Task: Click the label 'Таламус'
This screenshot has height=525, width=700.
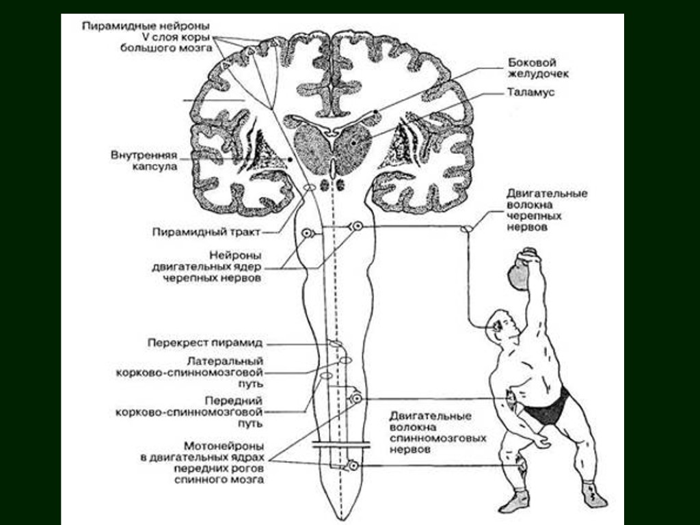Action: tap(530, 93)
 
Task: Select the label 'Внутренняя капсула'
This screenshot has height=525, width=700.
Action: tap(144, 160)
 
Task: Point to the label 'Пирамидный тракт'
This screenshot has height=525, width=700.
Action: tap(206, 232)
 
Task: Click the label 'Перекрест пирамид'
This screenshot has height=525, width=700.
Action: tap(205, 342)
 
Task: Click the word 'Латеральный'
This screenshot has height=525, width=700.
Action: tap(225, 361)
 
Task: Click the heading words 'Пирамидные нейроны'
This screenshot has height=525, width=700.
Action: tap(146, 25)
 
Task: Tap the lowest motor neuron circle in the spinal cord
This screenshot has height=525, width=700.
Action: tap(353, 466)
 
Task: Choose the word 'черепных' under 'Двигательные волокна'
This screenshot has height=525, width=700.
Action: tap(535, 216)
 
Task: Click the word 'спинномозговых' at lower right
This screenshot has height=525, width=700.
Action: tap(438, 438)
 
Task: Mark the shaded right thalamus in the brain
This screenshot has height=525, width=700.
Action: tap(353, 145)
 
